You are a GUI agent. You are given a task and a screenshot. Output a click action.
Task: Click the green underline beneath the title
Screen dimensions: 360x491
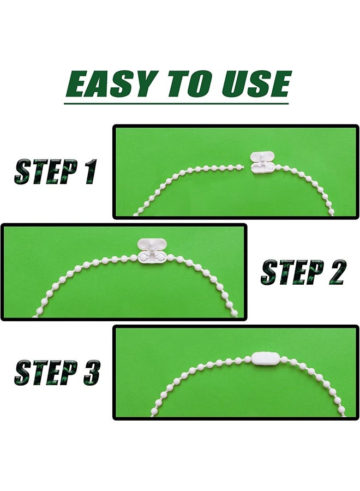click(176, 103)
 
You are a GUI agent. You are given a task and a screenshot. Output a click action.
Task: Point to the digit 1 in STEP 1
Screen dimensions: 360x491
click(89, 171)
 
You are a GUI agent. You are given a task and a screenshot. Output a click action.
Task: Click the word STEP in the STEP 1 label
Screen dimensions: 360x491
click(46, 172)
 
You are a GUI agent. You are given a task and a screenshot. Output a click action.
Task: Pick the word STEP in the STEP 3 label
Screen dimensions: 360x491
click(46, 373)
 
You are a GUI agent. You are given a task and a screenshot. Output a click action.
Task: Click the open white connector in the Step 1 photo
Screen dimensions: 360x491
click(262, 162)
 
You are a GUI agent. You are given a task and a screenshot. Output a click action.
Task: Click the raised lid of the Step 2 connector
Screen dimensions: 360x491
click(152, 244)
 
